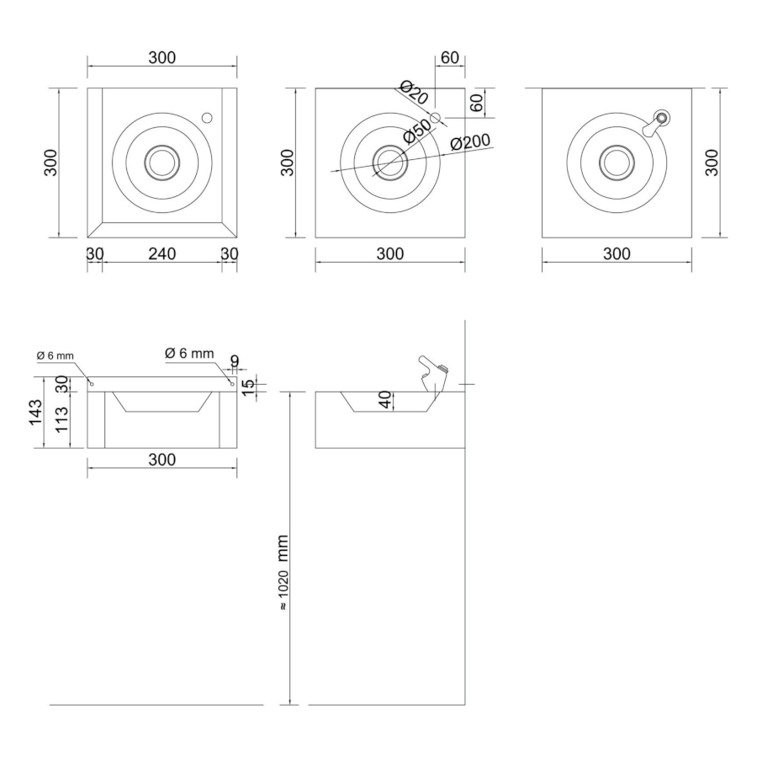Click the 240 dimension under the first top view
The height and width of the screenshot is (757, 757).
coord(162,253)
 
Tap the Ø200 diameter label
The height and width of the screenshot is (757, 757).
coord(469,142)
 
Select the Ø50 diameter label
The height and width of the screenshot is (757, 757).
coord(416,131)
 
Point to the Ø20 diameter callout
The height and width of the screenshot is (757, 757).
coord(414,93)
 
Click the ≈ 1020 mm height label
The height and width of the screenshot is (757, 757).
coord(283,572)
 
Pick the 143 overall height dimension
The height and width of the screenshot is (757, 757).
coord(35,413)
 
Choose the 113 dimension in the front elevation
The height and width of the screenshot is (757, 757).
coord(62,419)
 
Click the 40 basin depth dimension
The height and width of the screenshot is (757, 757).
coord(385,399)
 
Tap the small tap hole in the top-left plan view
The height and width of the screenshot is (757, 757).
coord(207,118)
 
